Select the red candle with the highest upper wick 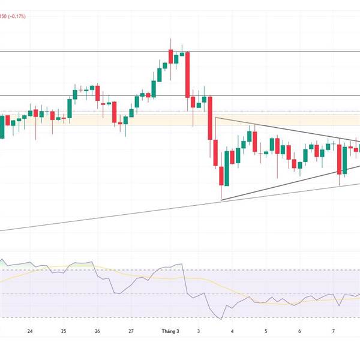point(170,56)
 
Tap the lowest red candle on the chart point(221,176)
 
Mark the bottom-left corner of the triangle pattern point(221,200)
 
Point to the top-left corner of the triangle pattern point(215,118)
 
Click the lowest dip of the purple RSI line point(221,319)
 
